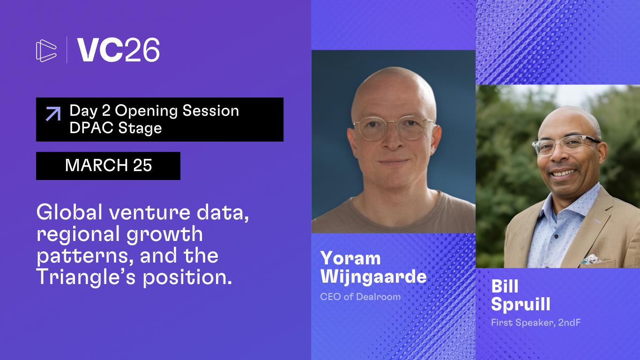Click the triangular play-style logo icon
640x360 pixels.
[x=46, y=51]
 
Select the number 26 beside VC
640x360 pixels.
[x=142, y=50]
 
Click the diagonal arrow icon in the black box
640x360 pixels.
[x=53, y=113]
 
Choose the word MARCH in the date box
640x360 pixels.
[x=97, y=165]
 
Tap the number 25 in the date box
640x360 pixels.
[x=142, y=165]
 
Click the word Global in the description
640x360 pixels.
[x=69, y=212]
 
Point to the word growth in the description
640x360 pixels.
[x=164, y=234]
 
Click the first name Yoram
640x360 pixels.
[x=350, y=258]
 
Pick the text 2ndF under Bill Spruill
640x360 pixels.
[x=569, y=322]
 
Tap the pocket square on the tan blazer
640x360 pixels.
[x=591, y=259]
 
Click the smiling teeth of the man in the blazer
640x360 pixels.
[x=564, y=173]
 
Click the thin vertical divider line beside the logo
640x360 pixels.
[x=67, y=50]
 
